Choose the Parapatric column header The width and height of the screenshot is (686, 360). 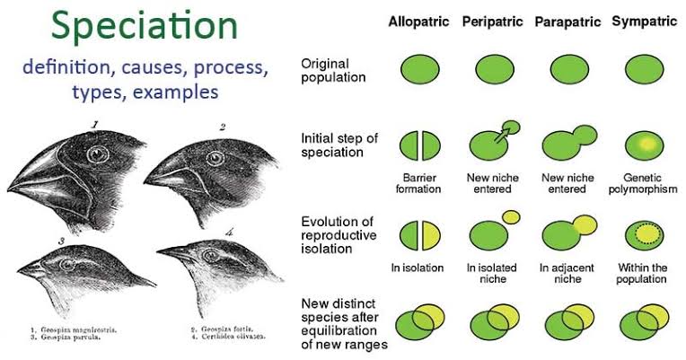click(568, 21)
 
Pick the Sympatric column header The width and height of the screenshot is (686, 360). click(644, 21)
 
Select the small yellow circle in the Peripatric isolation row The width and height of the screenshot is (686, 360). click(511, 216)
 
